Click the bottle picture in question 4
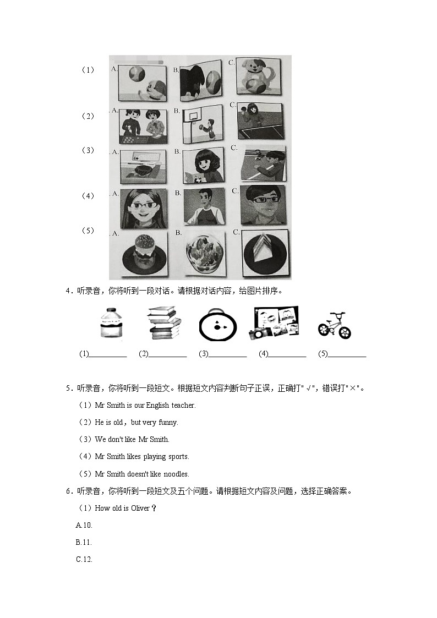pos(110,324)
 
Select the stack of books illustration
pos(165,324)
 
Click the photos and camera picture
pos(274,323)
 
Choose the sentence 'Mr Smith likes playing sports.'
pos(141,457)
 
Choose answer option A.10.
pos(84,526)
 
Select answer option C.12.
pos(84,560)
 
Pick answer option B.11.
pos(84,543)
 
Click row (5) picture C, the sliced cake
pos(264,254)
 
